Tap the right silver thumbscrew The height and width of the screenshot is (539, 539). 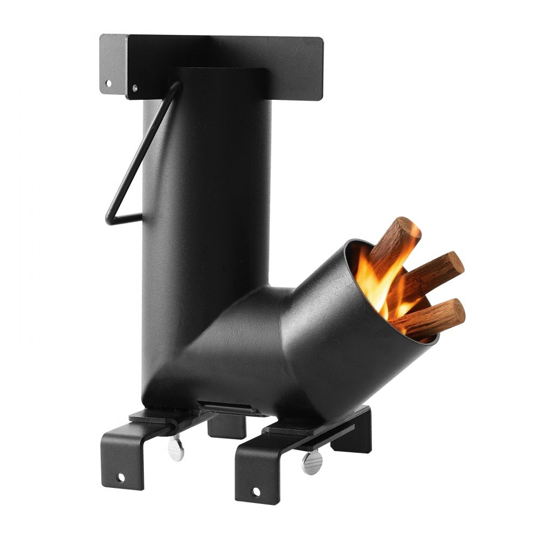312,462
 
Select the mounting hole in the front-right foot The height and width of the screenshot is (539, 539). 255,492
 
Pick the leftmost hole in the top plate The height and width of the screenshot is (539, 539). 108,84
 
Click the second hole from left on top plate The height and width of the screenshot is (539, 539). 135,86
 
